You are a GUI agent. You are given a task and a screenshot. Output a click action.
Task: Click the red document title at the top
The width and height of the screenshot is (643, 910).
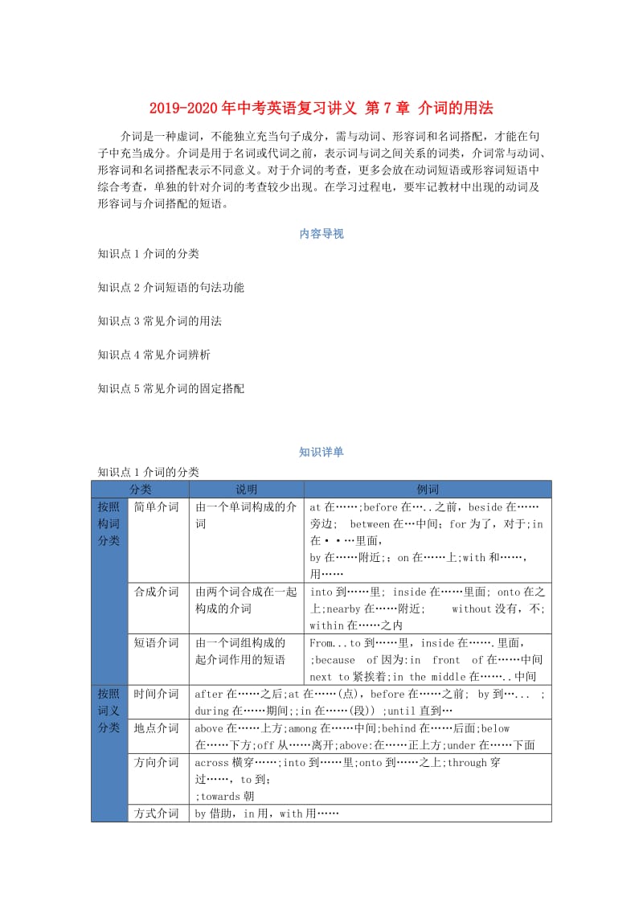321,109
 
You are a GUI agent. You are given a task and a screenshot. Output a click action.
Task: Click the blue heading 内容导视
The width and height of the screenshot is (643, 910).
321,234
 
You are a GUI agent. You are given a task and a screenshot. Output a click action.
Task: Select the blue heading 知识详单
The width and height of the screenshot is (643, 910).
321,452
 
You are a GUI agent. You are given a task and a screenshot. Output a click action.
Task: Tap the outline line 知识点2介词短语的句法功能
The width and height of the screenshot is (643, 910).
170,287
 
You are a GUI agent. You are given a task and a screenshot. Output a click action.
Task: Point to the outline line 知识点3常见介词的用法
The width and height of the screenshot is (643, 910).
159,321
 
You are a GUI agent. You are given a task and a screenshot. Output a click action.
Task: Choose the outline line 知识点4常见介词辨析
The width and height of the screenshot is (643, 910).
154,355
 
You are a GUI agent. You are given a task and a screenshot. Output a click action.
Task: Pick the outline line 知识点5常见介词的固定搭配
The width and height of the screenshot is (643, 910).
170,388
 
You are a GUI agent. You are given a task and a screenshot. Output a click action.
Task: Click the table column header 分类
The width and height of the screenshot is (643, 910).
140,490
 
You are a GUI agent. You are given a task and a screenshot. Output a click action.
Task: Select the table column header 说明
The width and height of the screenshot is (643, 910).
246,490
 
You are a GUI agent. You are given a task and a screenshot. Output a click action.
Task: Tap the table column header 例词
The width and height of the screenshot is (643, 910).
428,490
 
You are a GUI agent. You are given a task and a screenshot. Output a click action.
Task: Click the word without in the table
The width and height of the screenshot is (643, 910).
471,609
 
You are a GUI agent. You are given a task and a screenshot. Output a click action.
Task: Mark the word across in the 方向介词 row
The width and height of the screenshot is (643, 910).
212,763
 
